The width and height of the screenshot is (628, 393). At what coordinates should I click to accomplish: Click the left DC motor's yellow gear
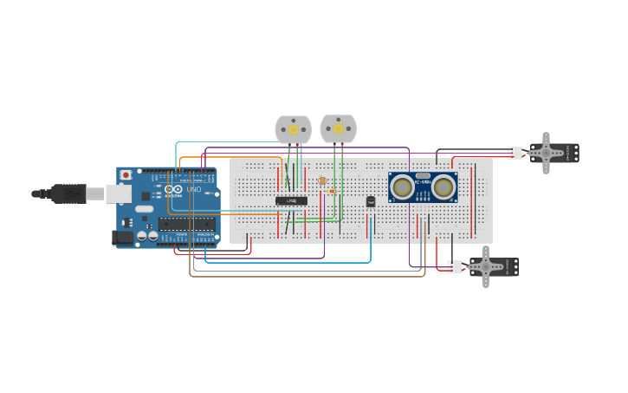(x=293, y=129)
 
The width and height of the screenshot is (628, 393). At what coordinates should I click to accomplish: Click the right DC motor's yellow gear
(x=338, y=129)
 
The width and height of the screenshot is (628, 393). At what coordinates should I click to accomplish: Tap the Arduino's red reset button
(x=126, y=175)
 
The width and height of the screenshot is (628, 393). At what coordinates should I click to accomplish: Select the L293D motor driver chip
(x=291, y=200)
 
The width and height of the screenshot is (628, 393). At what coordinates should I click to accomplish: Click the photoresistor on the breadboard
(x=322, y=181)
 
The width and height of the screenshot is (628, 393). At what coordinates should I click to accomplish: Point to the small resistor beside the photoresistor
(x=332, y=191)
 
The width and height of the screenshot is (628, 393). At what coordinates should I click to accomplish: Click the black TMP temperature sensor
(x=371, y=201)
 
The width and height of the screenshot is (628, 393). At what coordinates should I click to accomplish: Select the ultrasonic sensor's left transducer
(x=402, y=187)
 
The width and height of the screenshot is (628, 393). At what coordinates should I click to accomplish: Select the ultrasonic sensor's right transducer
(x=443, y=187)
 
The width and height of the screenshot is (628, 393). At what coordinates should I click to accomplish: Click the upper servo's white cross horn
(x=546, y=153)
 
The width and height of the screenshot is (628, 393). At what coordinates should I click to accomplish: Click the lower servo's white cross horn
(x=485, y=266)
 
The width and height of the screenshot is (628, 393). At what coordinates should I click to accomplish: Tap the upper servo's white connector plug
(x=515, y=154)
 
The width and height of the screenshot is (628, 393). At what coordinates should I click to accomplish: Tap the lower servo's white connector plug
(x=455, y=266)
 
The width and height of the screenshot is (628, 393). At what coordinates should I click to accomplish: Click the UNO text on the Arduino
(x=194, y=189)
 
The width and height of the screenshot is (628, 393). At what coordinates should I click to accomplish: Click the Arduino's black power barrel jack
(x=123, y=237)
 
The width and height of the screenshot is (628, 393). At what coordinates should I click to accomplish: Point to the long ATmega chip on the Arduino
(x=186, y=224)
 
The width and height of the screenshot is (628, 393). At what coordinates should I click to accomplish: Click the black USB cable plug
(x=68, y=193)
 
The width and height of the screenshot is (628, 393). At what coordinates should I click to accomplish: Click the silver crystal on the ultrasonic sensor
(x=423, y=175)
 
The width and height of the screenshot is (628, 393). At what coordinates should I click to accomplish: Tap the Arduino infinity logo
(x=173, y=189)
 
